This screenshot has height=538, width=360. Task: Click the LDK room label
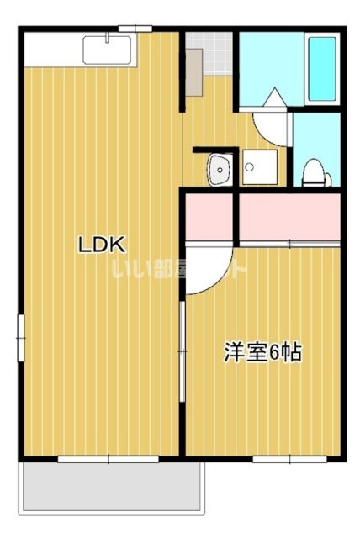[102, 245]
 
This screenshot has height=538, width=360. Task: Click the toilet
[315, 171]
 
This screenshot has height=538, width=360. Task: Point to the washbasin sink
[220, 171]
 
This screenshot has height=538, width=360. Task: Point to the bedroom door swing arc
[206, 269]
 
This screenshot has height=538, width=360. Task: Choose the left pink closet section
[209, 216]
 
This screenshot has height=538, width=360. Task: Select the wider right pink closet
[289, 216]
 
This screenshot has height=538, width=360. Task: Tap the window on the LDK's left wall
[21, 336]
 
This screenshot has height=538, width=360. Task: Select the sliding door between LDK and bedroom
[181, 345]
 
